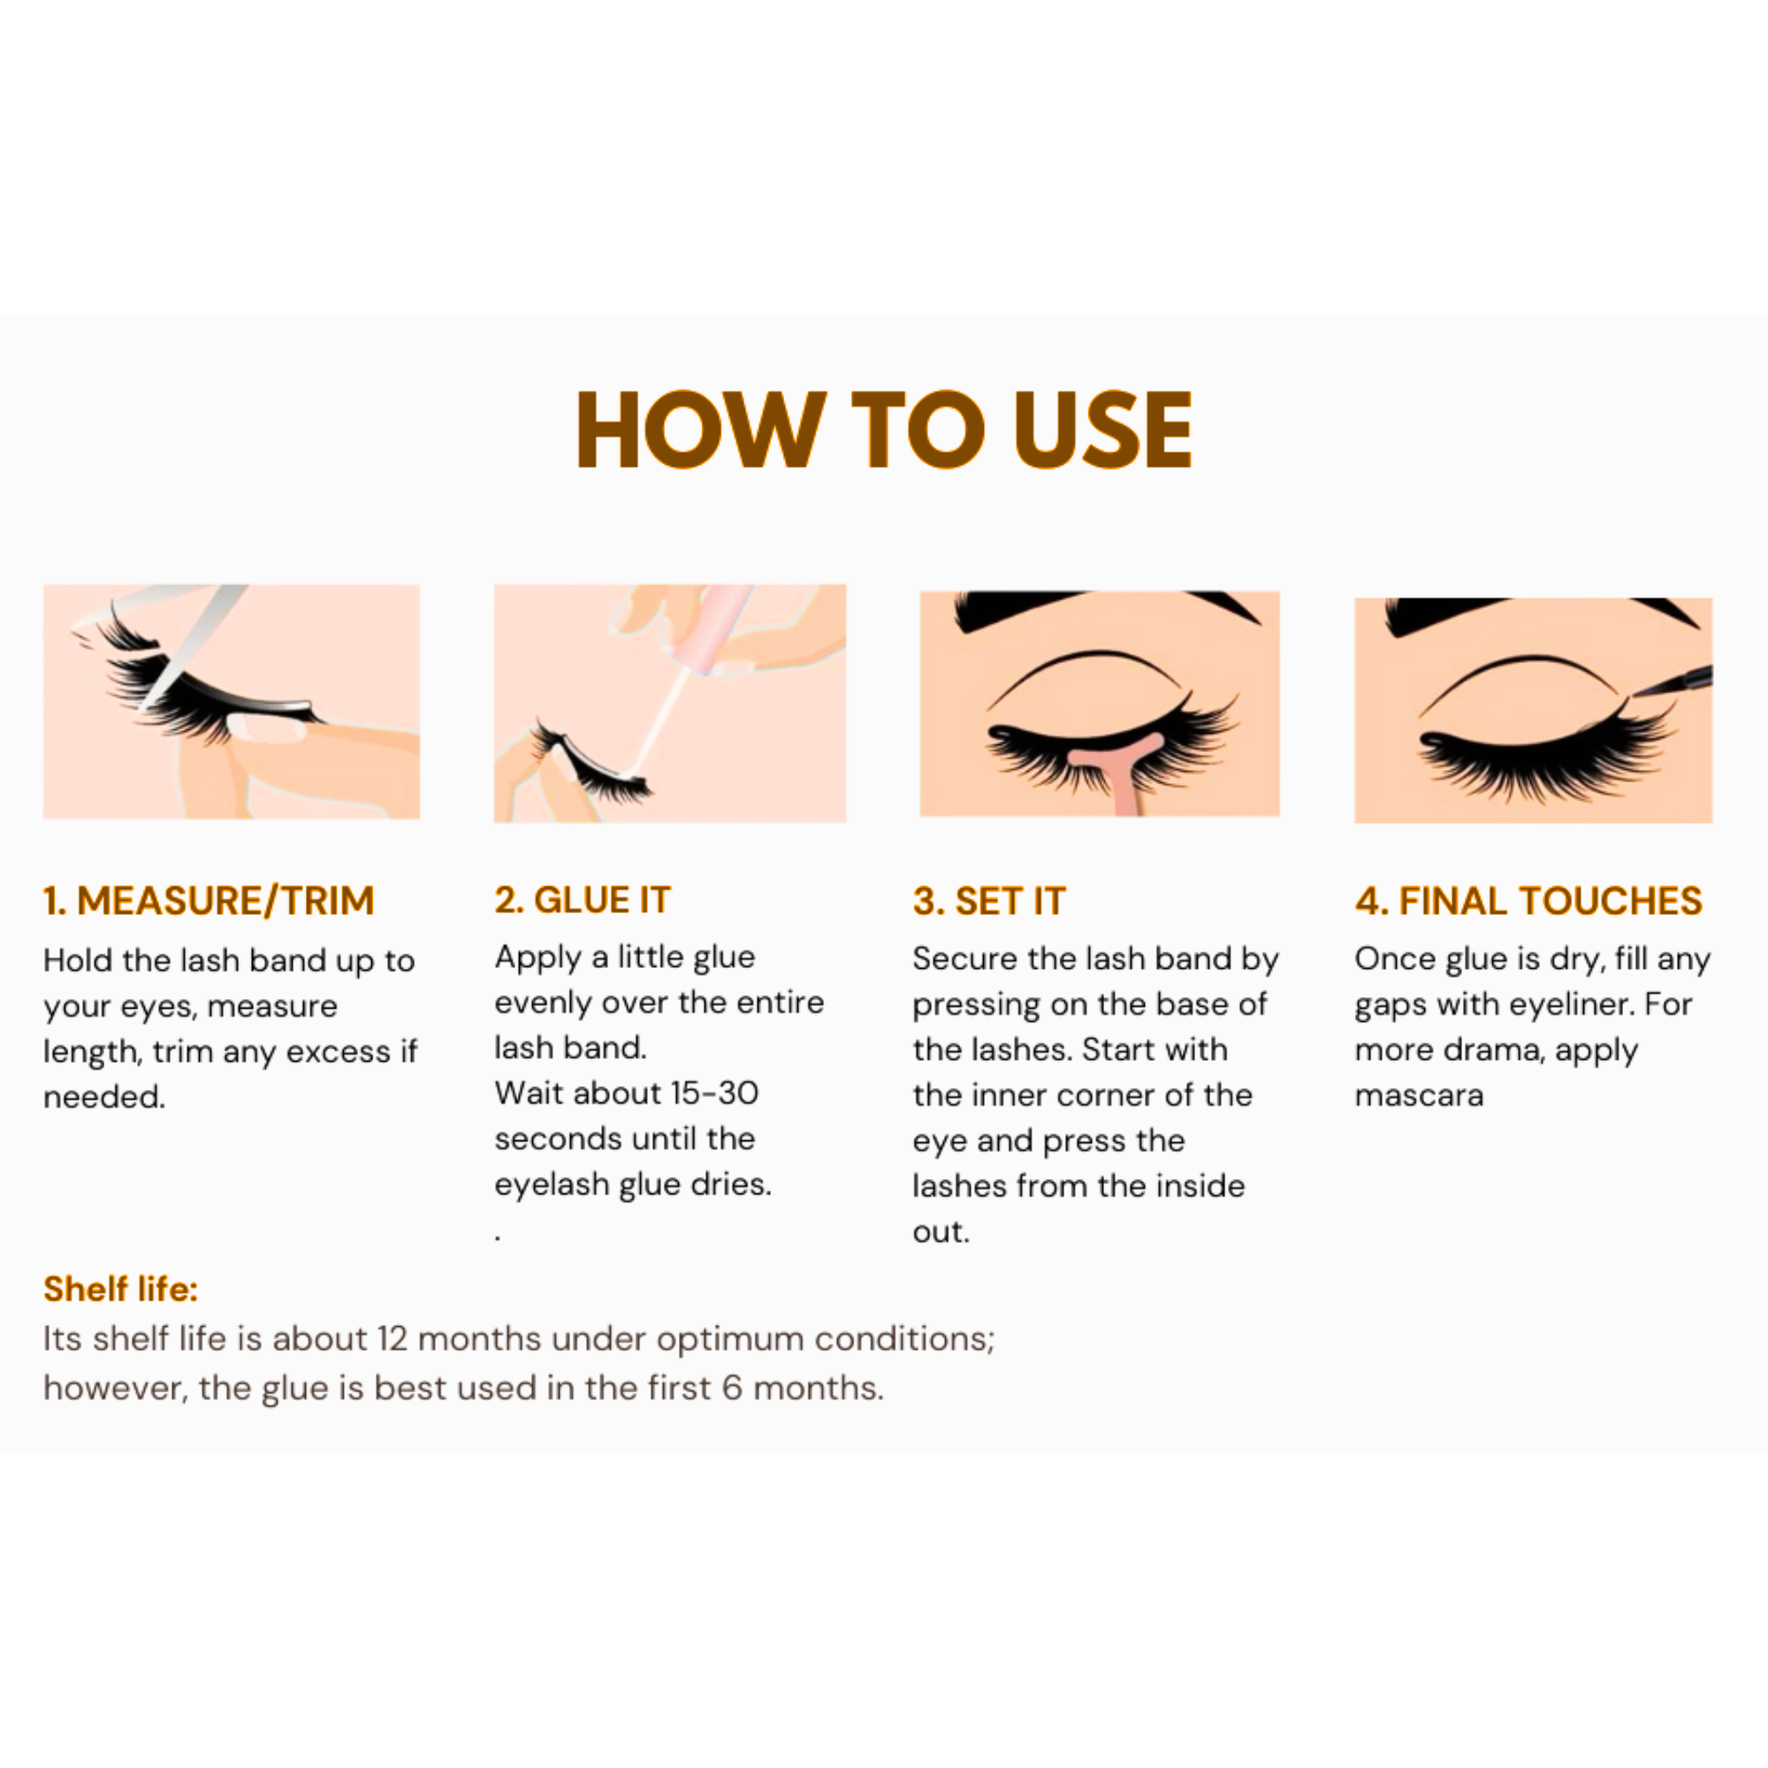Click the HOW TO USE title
tap(884, 430)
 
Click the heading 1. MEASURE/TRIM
tap(209, 901)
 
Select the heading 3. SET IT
tap(989, 901)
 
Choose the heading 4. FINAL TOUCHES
tap(1528, 901)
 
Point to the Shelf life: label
tap(121, 1289)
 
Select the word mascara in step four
tap(1419, 1095)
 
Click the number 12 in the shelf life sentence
tap(392, 1338)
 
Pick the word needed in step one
tap(104, 1096)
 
